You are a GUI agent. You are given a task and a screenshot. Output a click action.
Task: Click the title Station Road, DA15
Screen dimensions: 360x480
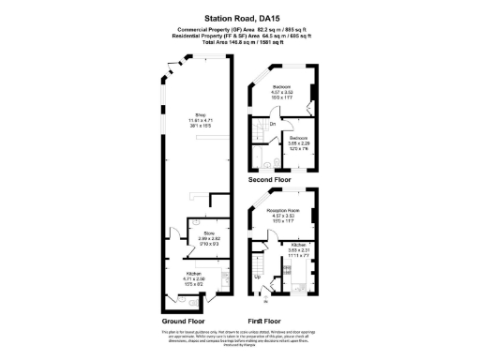tap(239, 16)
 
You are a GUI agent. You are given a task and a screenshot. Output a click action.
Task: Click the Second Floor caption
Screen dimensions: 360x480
tap(269, 179)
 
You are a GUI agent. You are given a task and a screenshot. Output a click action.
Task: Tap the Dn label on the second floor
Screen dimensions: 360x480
tap(272, 124)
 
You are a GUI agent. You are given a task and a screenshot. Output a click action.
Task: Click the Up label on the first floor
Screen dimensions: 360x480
tap(259, 277)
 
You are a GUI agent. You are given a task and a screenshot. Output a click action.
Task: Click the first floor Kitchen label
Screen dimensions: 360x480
tap(299, 249)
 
